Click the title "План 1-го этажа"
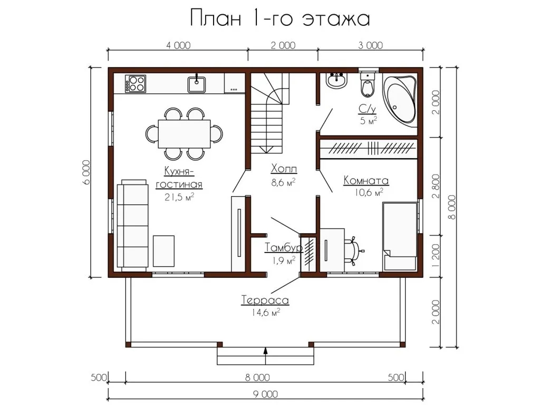280,18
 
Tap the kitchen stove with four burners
136,83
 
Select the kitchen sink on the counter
197,84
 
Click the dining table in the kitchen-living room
184,133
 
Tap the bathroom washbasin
336,81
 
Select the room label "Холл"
284,169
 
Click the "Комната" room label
366,180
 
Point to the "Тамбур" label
284,247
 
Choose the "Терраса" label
265,300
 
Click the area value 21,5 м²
179,197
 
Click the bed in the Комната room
400,236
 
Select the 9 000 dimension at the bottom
266,394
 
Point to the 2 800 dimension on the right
436,186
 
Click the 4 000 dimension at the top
178,45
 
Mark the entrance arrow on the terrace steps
266,356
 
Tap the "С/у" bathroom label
367,109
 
